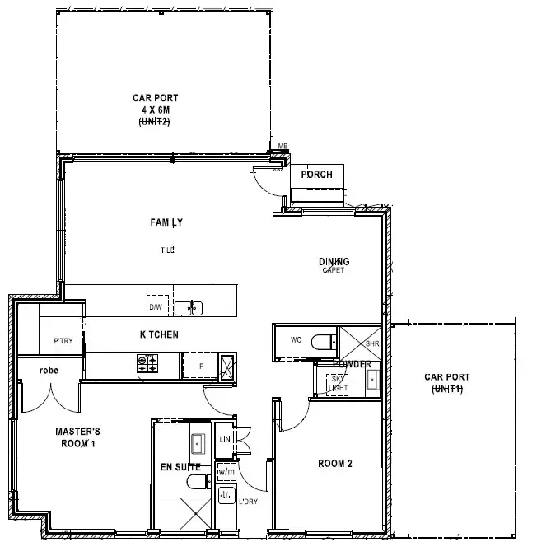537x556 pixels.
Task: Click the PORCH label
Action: (x=317, y=175)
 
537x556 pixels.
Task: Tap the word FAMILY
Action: (x=166, y=222)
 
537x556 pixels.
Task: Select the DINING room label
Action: (x=334, y=262)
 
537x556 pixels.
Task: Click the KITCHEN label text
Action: (x=159, y=335)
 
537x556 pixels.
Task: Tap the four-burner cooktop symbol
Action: (x=147, y=363)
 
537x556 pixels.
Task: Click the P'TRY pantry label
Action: (x=64, y=341)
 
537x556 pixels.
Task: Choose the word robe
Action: (x=49, y=371)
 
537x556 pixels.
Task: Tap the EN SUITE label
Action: (x=180, y=467)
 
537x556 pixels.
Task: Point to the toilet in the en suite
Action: (x=196, y=481)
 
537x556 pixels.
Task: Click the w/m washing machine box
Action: (x=225, y=472)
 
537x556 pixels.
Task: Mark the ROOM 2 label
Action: (x=335, y=464)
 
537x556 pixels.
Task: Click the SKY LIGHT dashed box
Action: (x=338, y=381)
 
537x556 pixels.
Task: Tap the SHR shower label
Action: (x=371, y=343)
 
